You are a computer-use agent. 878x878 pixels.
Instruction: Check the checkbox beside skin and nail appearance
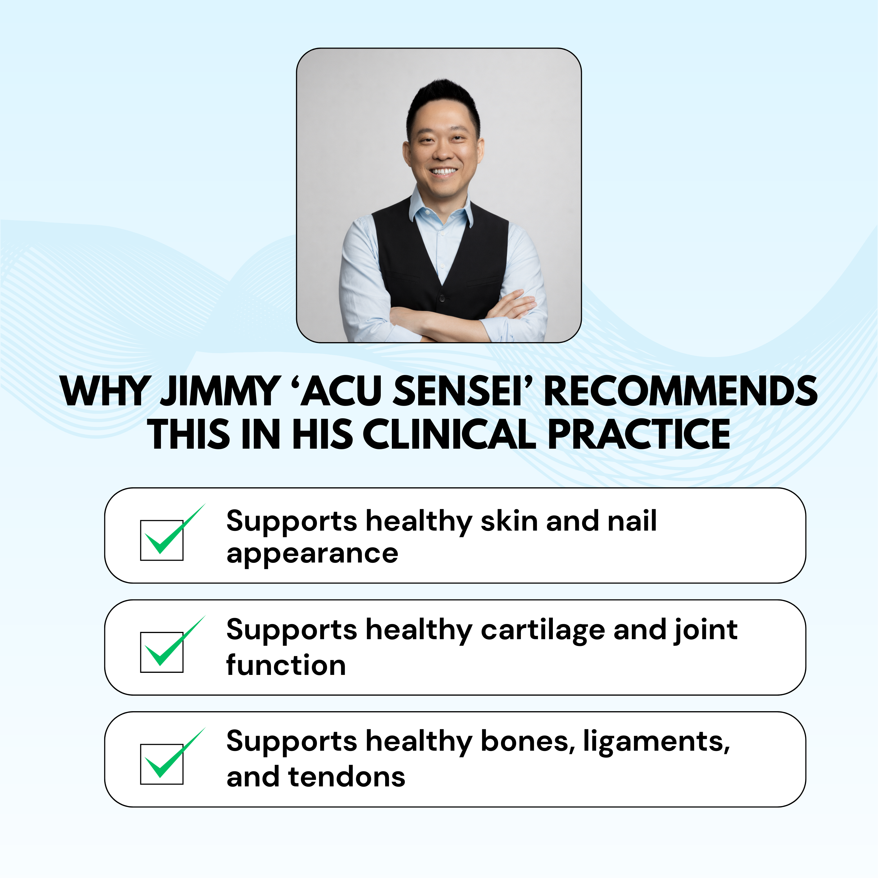(x=162, y=540)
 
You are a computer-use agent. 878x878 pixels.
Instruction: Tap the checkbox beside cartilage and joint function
(x=162, y=652)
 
